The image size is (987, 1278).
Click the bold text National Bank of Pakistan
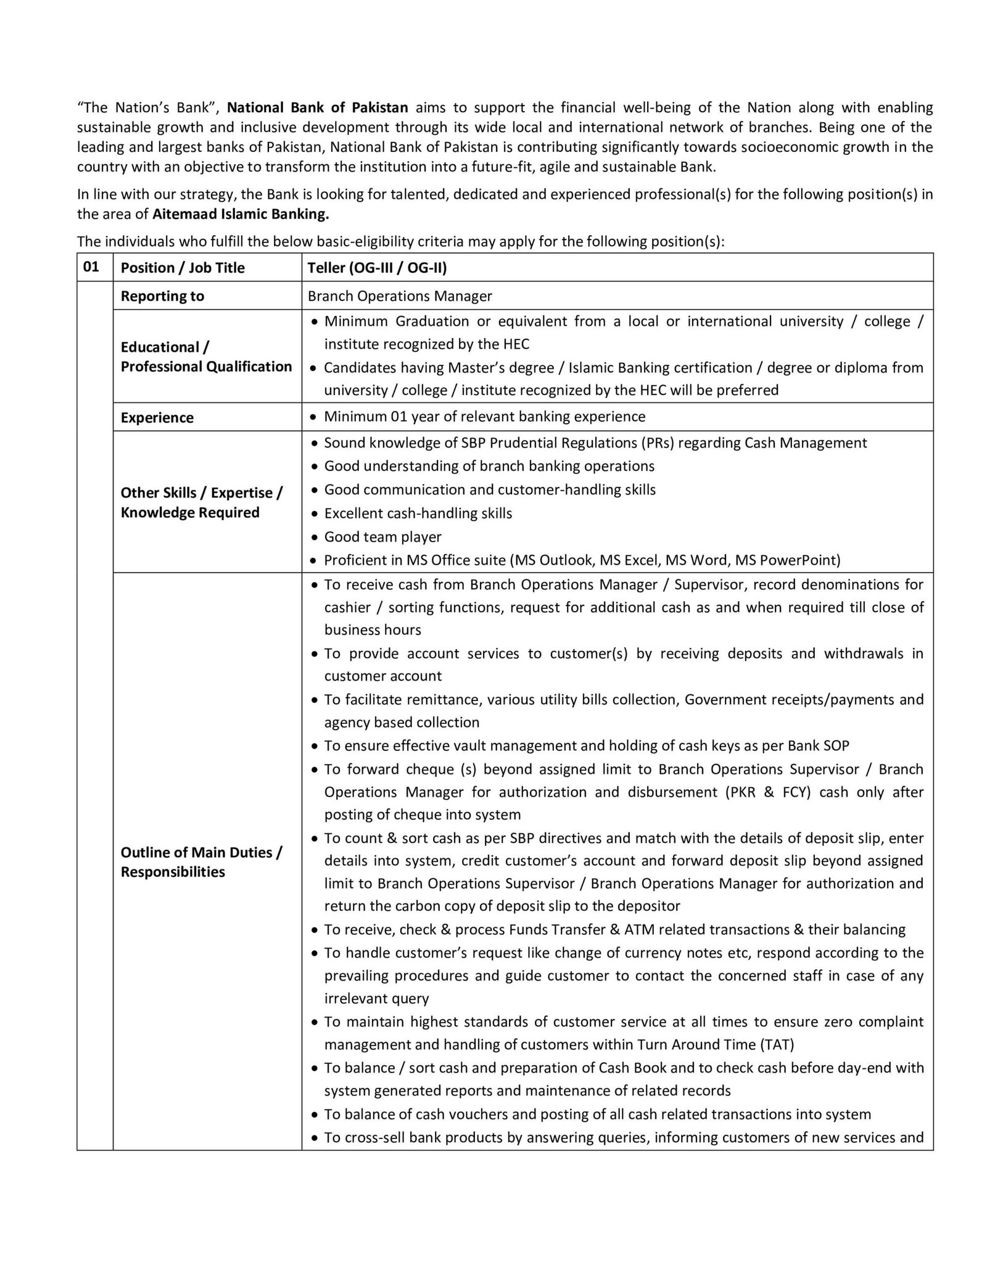318,107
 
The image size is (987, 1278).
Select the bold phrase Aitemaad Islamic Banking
241,214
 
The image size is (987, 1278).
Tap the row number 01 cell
91,267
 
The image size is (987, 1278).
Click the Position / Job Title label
183,268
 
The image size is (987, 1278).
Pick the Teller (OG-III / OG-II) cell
378,268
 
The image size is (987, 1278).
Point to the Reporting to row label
162,296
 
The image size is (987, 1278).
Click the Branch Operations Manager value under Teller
400,296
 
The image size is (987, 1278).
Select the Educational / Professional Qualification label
206,357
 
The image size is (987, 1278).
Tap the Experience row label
157,418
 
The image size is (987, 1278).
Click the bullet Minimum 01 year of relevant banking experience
484,417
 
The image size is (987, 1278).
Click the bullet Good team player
382,537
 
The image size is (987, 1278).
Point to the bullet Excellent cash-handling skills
418,513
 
